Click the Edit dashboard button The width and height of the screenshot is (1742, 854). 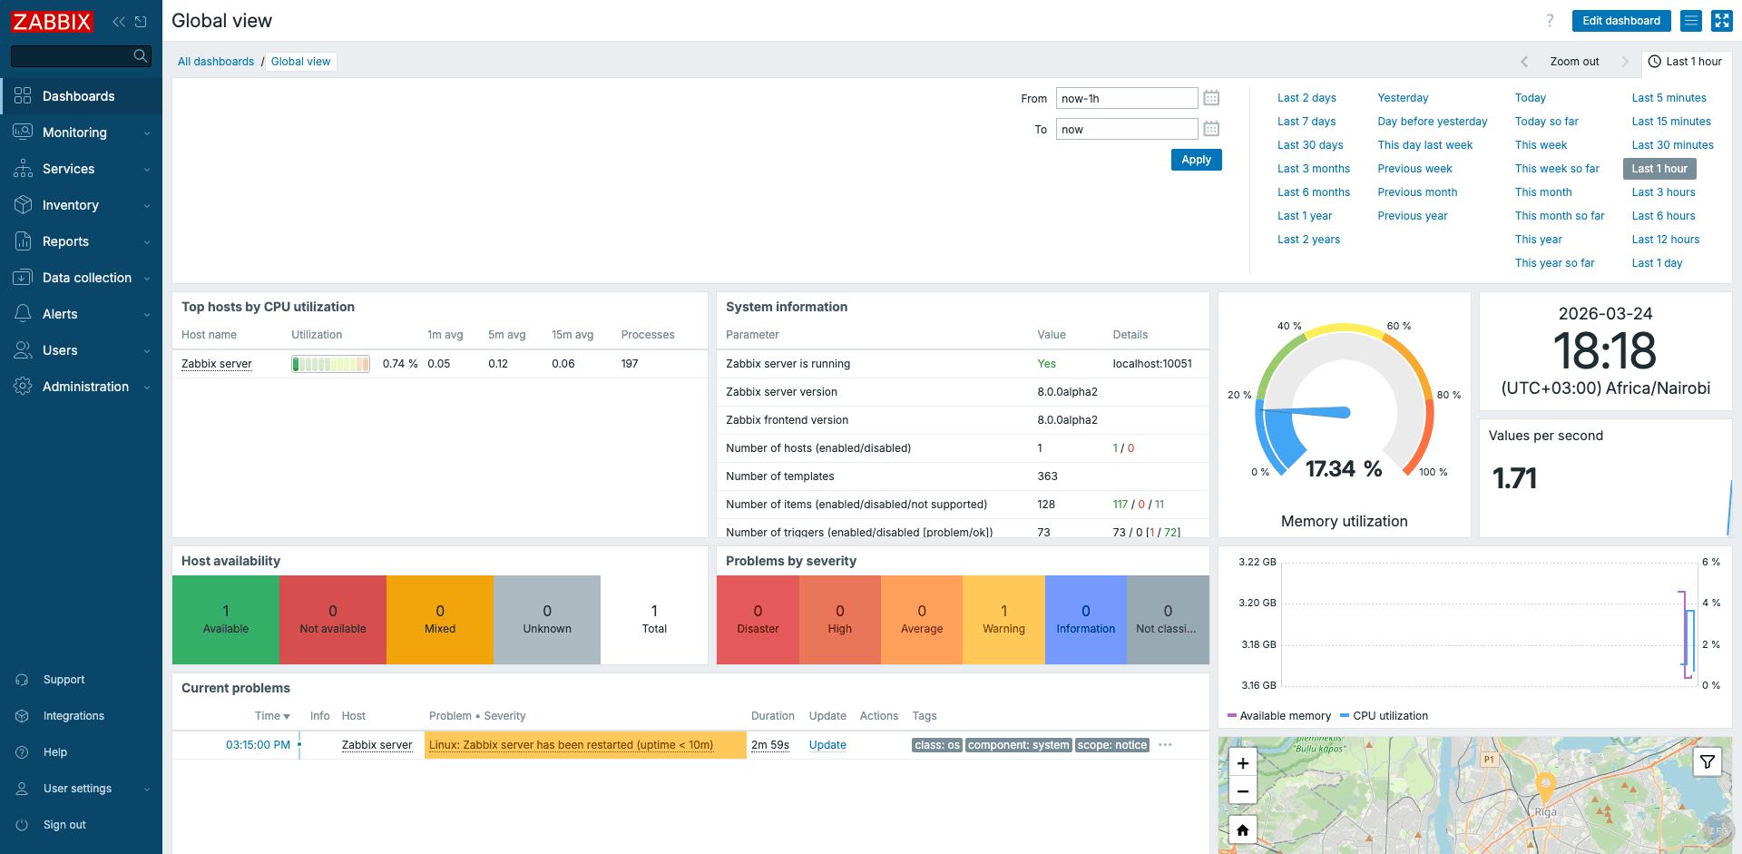coord(1620,21)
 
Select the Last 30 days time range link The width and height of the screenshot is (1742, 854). coord(1309,145)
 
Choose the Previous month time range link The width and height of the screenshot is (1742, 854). coord(1416,192)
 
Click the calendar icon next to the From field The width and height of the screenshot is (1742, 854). coord(1211,98)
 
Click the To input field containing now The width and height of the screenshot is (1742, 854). coord(1126,129)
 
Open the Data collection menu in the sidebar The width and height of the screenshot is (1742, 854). coord(86,278)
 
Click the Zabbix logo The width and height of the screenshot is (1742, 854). coord(52,21)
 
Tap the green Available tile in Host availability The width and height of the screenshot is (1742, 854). coord(225,620)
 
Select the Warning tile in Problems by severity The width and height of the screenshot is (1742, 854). coord(1003,620)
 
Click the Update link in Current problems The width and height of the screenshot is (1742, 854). coord(827,745)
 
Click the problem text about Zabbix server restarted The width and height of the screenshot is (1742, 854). coord(571,745)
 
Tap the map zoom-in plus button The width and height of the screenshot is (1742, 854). coord(1242,763)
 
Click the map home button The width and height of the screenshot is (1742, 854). coord(1242,829)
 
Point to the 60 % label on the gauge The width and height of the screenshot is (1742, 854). coord(1398,326)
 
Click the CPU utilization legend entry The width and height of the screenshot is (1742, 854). coord(1389,716)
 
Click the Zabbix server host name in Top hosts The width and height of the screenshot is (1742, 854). coord(216,364)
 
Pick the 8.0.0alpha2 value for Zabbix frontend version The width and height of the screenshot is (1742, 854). coord(1067,420)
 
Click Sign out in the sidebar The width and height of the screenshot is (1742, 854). coord(64,825)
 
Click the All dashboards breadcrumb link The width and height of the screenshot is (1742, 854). coord(216,62)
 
